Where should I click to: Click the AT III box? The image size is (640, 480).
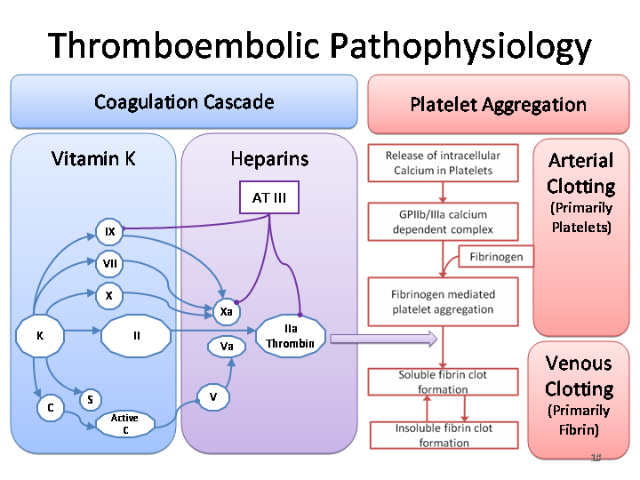(269, 198)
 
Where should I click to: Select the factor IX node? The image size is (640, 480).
(110, 232)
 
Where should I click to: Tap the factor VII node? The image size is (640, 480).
(110, 263)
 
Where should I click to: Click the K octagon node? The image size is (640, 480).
(40, 336)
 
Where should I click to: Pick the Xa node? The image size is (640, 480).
(227, 311)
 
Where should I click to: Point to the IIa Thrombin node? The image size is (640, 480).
(291, 337)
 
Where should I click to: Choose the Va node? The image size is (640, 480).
(227, 346)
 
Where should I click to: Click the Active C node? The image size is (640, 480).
(124, 424)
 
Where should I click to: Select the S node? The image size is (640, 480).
(90, 400)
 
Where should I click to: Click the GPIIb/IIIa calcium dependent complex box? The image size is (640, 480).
(442, 222)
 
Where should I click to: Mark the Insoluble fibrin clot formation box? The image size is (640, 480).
(444, 435)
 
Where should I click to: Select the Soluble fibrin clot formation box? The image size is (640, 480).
(443, 382)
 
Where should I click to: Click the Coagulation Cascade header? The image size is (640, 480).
(184, 101)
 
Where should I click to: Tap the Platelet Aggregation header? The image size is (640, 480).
(498, 104)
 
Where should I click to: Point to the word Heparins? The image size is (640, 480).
(269, 159)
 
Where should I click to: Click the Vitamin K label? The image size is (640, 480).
(93, 159)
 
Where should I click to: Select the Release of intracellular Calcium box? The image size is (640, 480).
(443, 163)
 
